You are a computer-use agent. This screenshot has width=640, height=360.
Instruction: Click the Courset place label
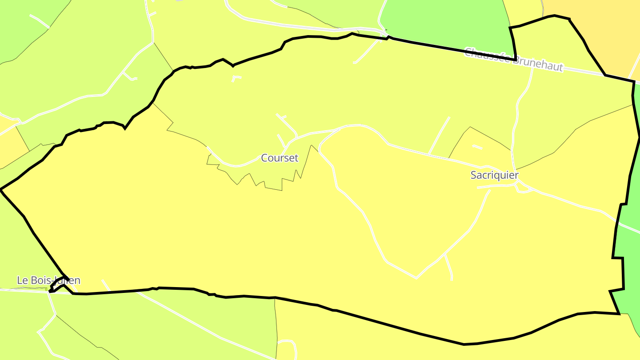pos(280,158)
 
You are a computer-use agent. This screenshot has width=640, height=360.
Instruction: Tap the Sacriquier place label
pos(494,175)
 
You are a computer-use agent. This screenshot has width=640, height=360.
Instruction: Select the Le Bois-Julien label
pos(48,280)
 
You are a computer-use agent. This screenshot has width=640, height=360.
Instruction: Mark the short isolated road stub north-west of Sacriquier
pos(477,147)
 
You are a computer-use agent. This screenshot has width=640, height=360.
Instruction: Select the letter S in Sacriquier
pos(474,175)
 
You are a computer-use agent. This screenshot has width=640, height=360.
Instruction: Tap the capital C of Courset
pos(264,158)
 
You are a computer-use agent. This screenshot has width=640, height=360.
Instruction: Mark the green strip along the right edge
pos(631,249)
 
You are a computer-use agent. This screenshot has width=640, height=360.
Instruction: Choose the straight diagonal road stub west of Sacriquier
pos(439,136)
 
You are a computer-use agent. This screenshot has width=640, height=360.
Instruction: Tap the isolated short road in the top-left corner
pos(39,20)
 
